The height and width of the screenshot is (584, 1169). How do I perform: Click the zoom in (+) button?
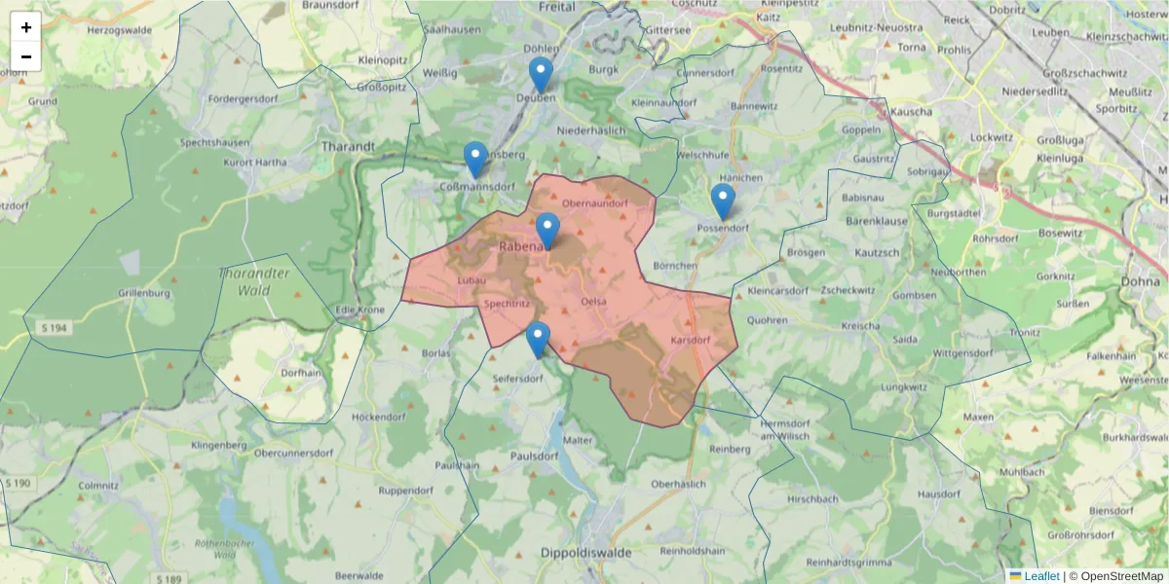[x=26, y=27]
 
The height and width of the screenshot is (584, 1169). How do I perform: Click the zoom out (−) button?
[x=26, y=56]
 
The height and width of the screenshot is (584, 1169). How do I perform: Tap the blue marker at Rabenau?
[x=547, y=231]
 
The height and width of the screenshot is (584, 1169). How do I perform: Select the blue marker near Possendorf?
[x=722, y=201]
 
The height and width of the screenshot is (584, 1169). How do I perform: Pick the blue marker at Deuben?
[x=541, y=75]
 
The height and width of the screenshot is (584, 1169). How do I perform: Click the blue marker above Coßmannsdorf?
[x=475, y=160]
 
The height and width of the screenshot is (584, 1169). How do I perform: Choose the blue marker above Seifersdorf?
[x=538, y=340]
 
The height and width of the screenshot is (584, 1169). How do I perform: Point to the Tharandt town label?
[x=347, y=147]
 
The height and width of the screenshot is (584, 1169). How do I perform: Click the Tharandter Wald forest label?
[x=254, y=281]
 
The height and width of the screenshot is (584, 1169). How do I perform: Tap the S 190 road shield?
[x=18, y=483]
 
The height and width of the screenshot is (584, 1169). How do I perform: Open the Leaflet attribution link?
[x=1040, y=576]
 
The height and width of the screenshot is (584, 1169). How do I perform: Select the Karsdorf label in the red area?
[x=690, y=340]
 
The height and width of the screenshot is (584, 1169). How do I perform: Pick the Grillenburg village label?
[x=144, y=293]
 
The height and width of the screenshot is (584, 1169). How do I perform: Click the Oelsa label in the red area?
[x=592, y=302]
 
